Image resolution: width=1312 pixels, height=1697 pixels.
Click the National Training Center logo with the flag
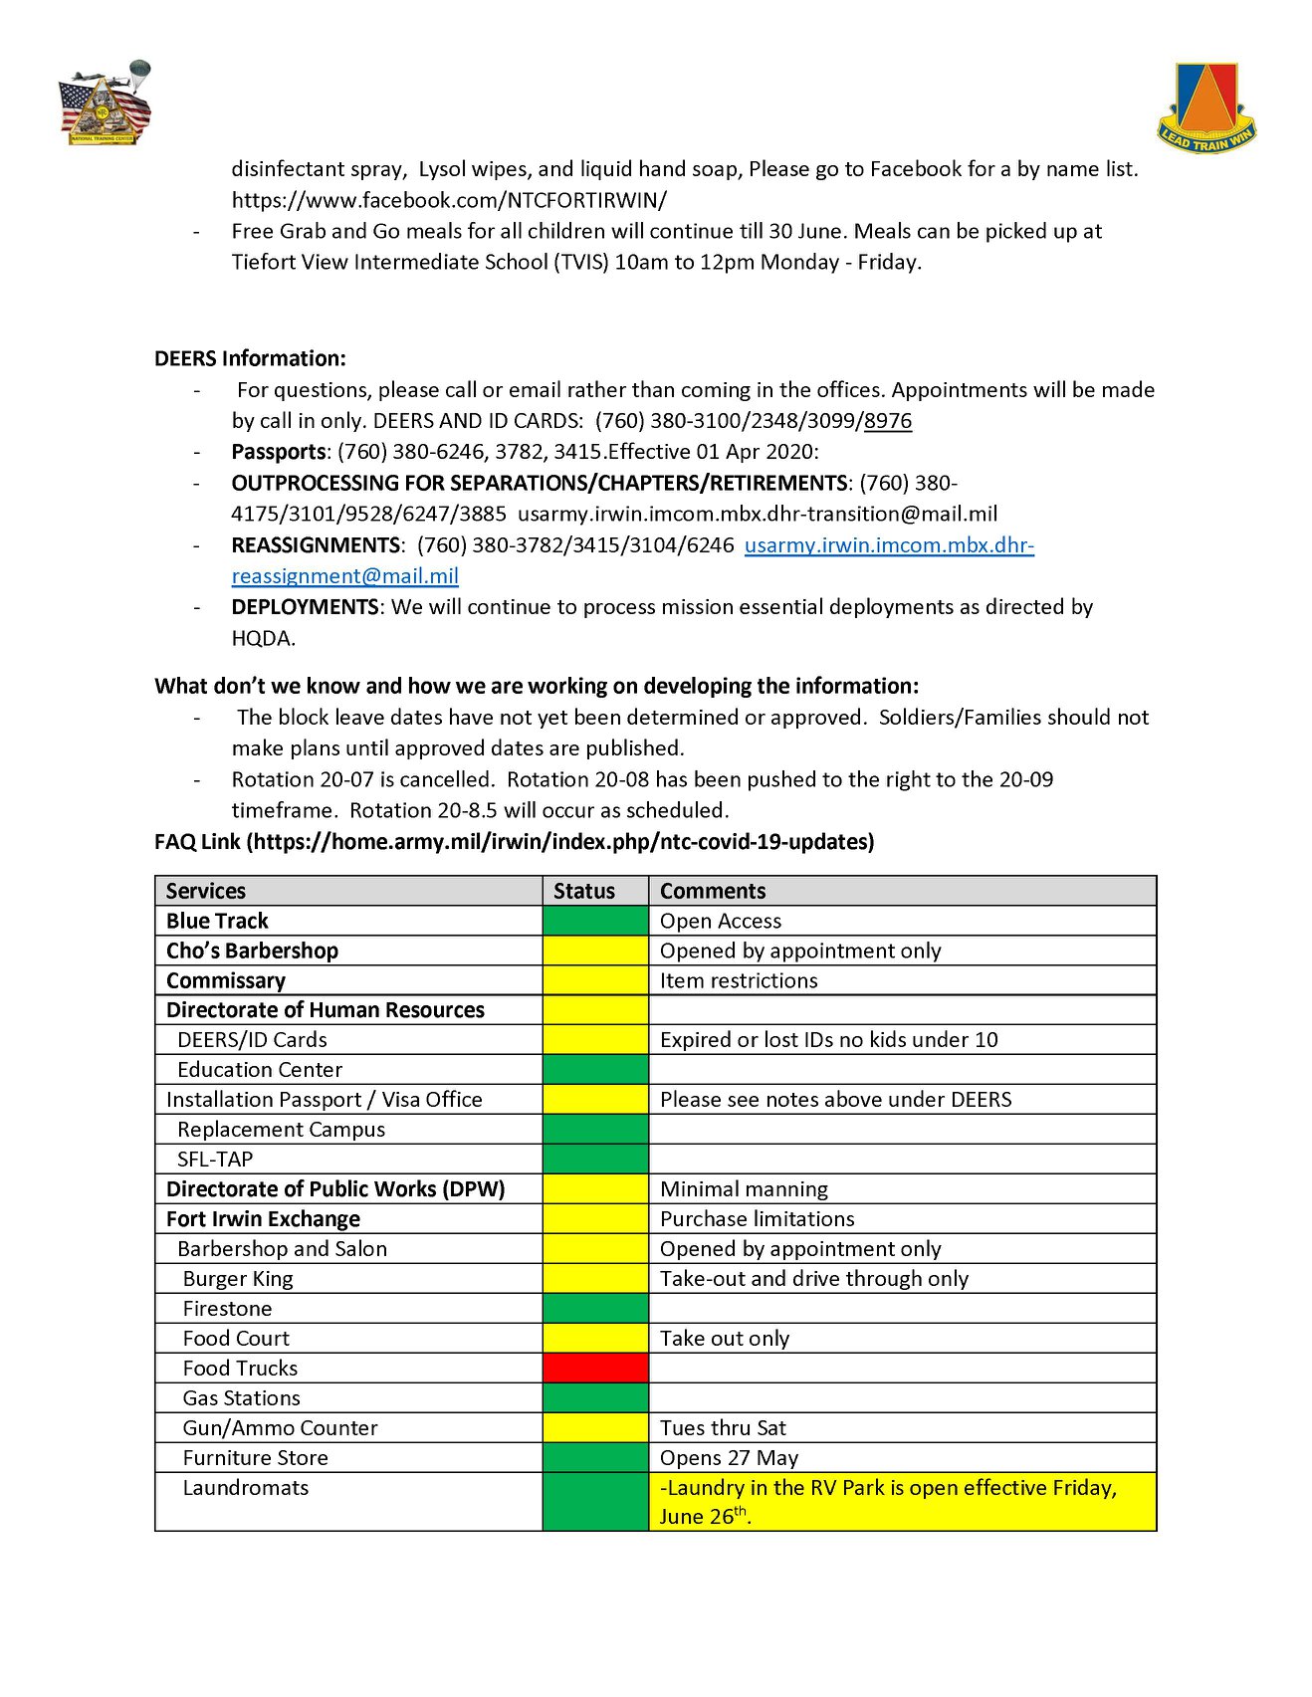(106, 106)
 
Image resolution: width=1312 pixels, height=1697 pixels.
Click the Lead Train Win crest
(1206, 107)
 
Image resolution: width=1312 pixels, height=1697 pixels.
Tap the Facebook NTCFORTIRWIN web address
(449, 200)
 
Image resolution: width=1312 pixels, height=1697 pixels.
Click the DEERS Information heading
(250, 358)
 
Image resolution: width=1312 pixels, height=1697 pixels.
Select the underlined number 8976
(888, 421)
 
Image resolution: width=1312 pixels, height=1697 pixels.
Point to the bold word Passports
(278, 452)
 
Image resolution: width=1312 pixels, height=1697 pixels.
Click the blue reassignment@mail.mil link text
(344, 576)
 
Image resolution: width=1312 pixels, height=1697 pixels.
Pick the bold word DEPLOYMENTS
(305, 607)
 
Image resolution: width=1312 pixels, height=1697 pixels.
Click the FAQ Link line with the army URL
(514, 842)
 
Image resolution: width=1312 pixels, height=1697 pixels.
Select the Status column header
(584, 891)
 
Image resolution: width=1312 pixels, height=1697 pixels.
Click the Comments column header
(713, 891)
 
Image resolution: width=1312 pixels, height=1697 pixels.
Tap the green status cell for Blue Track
(595, 921)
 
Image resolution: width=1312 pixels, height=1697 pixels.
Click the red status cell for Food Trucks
(595, 1368)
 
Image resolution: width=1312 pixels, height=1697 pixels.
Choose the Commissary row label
(226, 980)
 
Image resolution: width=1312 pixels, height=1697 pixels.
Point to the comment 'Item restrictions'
(739, 980)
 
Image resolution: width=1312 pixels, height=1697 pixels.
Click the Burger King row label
(238, 1278)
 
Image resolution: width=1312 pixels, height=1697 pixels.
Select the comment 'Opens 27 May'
(729, 1457)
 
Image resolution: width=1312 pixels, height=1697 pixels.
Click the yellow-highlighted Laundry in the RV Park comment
(888, 1501)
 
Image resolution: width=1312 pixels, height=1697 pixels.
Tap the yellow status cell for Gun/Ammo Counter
(595, 1427)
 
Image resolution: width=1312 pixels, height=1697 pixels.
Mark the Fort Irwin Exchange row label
(263, 1218)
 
